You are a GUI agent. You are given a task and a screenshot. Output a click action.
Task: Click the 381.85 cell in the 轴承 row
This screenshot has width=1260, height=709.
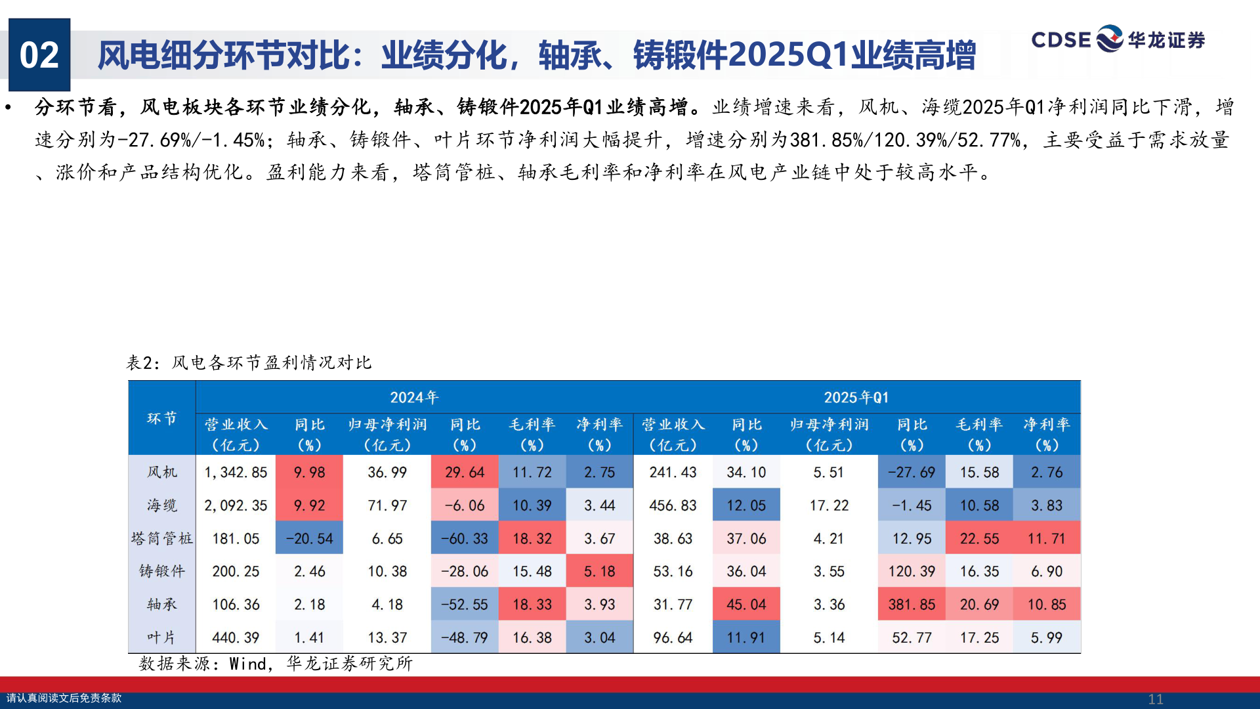(x=911, y=604)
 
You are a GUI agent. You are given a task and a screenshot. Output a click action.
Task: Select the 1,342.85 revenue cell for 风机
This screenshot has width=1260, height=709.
(x=236, y=472)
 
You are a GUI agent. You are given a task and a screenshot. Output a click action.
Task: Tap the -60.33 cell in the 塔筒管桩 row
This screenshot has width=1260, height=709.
(x=465, y=538)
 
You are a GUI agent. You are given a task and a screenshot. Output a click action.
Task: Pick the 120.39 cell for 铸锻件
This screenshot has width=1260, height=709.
(x=911, y=571)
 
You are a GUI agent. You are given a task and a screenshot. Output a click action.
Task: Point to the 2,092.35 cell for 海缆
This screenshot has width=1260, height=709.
(x=236, y=505)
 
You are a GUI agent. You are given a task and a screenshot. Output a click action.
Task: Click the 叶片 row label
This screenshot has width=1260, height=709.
(x=161, y=637)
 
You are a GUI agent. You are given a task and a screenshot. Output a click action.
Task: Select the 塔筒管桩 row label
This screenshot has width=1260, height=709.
(x=161, y=538)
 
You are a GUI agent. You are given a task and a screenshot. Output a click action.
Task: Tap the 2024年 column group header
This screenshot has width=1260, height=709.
(x=414, y=397)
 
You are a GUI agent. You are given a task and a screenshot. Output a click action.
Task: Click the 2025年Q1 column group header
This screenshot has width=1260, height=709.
(x=856, y=397)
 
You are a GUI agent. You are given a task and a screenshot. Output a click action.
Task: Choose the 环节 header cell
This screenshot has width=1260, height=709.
(x=161, y=418)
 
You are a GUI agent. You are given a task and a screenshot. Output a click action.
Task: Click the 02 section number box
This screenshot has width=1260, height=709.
(x=39, y=55)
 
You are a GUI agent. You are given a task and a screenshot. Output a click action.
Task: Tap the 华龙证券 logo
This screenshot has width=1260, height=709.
(x=1118, y=39)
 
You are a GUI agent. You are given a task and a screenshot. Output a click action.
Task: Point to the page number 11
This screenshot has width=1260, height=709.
(x=1155, y=699)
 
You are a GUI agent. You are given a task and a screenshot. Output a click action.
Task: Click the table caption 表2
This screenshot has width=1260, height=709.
(x=249, y=362)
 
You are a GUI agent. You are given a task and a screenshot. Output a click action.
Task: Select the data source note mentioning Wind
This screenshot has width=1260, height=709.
(x=276, y=664)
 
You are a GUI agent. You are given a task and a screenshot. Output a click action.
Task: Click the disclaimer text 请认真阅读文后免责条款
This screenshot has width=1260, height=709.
(x=64, y=698)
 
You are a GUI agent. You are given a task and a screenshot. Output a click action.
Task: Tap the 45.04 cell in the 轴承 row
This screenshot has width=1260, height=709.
(x=746, y=604)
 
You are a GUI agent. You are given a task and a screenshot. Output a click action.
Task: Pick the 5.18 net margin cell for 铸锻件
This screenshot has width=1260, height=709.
(x=599, y=571)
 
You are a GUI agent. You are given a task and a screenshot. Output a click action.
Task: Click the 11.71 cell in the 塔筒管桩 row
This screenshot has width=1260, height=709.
(x=1046, y=538)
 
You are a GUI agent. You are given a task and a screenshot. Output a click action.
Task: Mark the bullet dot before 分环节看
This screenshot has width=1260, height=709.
(x=9, y=107)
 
